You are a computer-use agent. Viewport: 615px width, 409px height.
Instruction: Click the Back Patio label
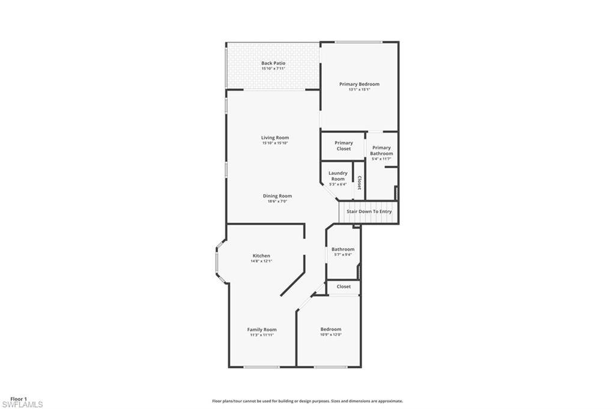(273, 63)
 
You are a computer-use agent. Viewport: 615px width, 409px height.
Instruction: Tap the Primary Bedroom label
(359, 84)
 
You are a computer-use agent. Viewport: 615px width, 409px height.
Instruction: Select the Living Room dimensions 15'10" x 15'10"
(275, 143)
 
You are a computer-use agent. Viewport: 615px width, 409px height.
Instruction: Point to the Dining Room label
(277, 196)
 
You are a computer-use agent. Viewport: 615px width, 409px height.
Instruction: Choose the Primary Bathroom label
(381, 150)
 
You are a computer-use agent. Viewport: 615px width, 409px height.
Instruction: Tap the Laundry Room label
(338, 176)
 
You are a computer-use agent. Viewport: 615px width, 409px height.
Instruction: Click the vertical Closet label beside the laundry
(359, 183)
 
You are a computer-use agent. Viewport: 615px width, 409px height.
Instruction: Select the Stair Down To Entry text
(369, 211)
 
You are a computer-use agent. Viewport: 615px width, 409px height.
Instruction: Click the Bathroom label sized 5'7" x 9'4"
(343, 249)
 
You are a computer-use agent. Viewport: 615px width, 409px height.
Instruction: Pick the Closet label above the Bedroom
(344, 286)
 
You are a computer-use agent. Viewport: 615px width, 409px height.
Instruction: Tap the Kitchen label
(261, 256)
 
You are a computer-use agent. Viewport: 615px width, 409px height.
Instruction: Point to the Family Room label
(262, 329)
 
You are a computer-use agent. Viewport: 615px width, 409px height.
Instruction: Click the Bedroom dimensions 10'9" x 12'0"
(331, 335)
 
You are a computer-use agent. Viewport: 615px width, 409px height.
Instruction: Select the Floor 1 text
(19, 399)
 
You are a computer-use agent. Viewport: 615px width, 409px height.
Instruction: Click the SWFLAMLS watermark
(22, 404)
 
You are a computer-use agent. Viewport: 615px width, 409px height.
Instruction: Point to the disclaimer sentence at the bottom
(307, 401)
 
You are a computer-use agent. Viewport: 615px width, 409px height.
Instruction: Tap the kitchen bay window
(220, 262)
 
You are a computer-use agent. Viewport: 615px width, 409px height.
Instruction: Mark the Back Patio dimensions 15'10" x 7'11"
(273, 69)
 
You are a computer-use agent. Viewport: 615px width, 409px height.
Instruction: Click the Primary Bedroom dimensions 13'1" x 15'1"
(359, 90)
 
